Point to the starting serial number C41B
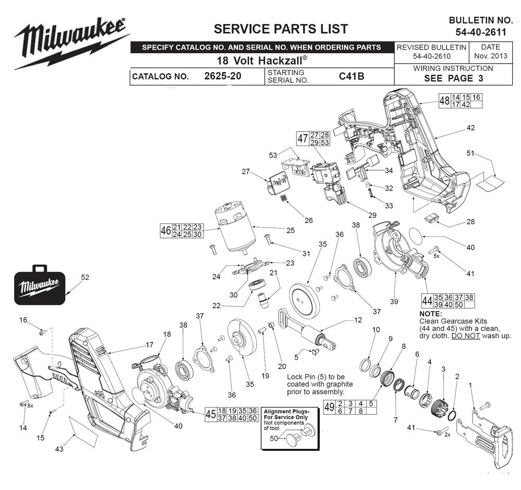351,76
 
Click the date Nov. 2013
487,56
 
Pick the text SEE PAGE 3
454,78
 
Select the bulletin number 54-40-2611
480,32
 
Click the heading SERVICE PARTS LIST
281,28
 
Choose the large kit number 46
166,231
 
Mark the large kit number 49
329,407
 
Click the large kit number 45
210,414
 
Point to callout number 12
358,320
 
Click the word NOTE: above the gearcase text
430,314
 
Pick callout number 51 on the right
470,153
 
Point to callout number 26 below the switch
309,220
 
